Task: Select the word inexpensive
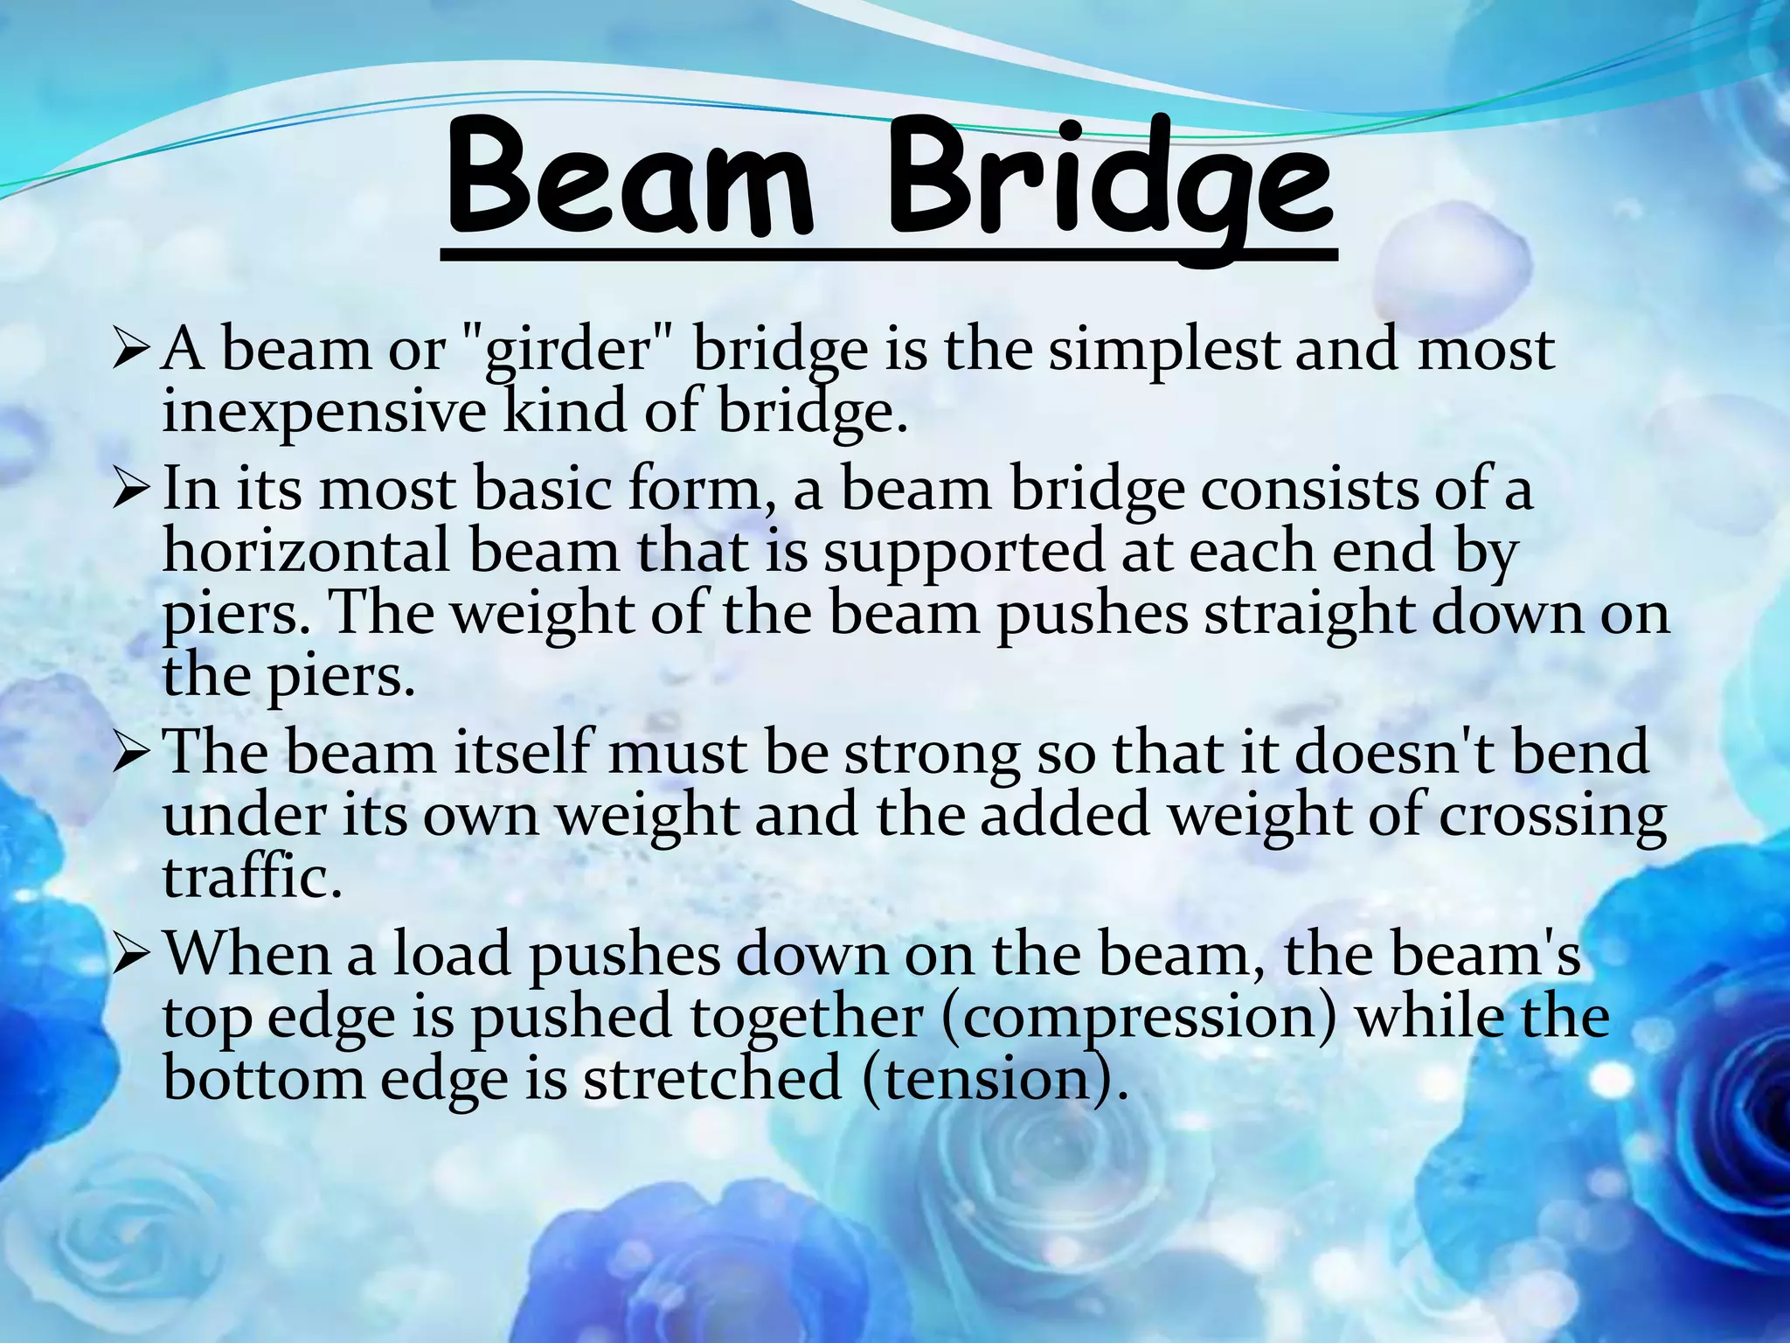(x=323, y=413)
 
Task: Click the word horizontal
(x=306, y=553)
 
